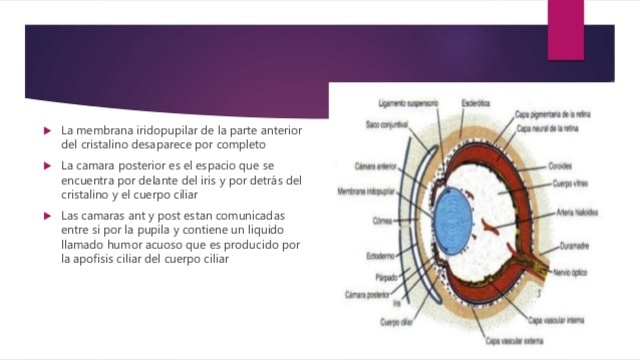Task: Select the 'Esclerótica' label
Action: (475, 102)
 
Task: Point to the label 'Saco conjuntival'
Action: (386, 123)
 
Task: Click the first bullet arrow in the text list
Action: (46, 131)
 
